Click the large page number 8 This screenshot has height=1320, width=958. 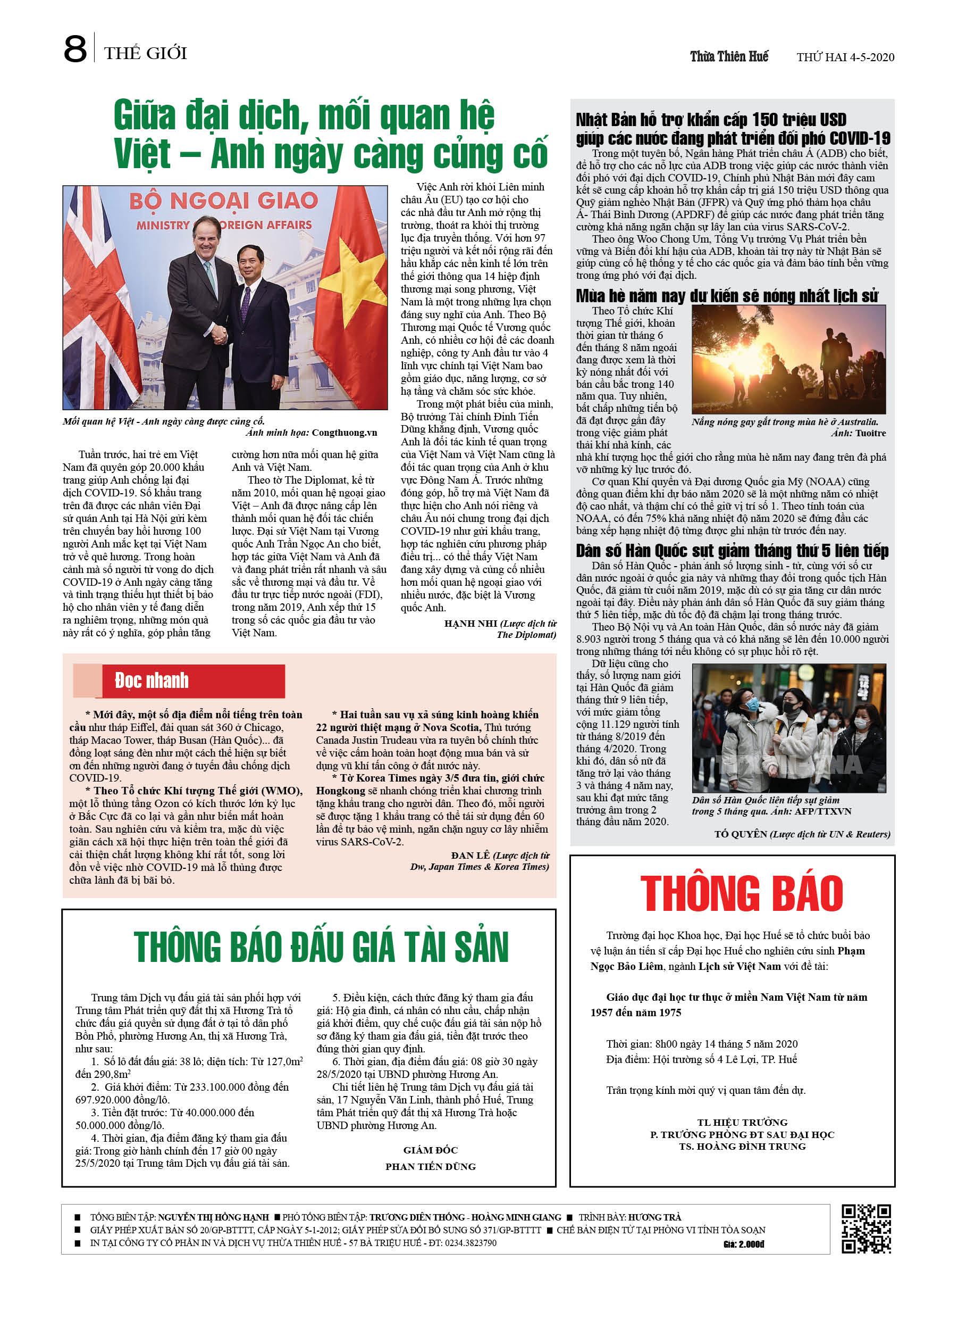(75, 49)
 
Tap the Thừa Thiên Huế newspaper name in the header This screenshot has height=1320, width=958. (729, 56)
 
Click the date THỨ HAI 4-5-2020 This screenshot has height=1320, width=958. (845, 57)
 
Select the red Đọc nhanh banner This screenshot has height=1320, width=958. (192, 680)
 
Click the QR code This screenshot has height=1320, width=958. (866, 1228)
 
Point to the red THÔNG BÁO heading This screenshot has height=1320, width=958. (742, 893)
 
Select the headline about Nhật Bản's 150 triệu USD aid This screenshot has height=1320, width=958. (732, 129)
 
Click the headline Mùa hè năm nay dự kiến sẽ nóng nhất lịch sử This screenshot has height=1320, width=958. (727, 296)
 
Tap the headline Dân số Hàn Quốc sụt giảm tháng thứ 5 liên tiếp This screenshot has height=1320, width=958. (732, 551)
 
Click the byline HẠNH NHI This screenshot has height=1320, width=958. (470, 624)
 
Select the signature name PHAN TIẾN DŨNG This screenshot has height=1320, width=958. (430, 1166)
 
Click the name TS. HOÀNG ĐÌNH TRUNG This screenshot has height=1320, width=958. (742, 1146)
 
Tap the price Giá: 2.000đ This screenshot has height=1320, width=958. (743, 1244)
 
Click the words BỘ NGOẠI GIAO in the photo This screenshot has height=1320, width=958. (223, 201)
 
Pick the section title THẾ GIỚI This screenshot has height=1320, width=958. (146, 54)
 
